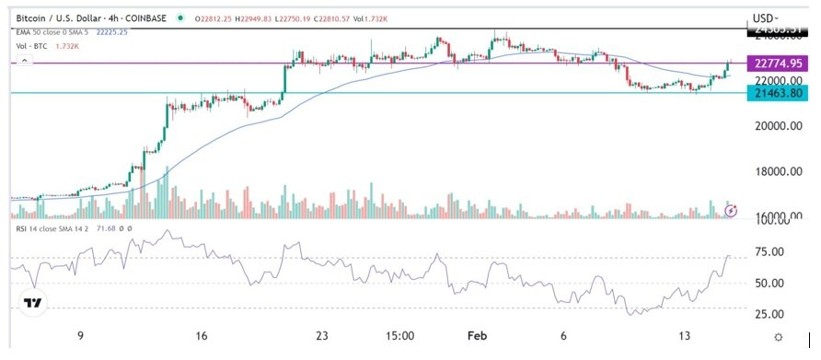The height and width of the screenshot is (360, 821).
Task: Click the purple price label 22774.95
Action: tap(777, 64)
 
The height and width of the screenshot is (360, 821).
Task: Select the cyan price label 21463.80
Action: tap(777, 94)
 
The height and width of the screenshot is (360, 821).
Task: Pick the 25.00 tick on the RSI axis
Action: tap(769, 315)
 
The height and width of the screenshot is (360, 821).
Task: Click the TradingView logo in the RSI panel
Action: tap(33, 303)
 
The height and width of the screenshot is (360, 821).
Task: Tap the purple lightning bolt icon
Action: tap(731, 210)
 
